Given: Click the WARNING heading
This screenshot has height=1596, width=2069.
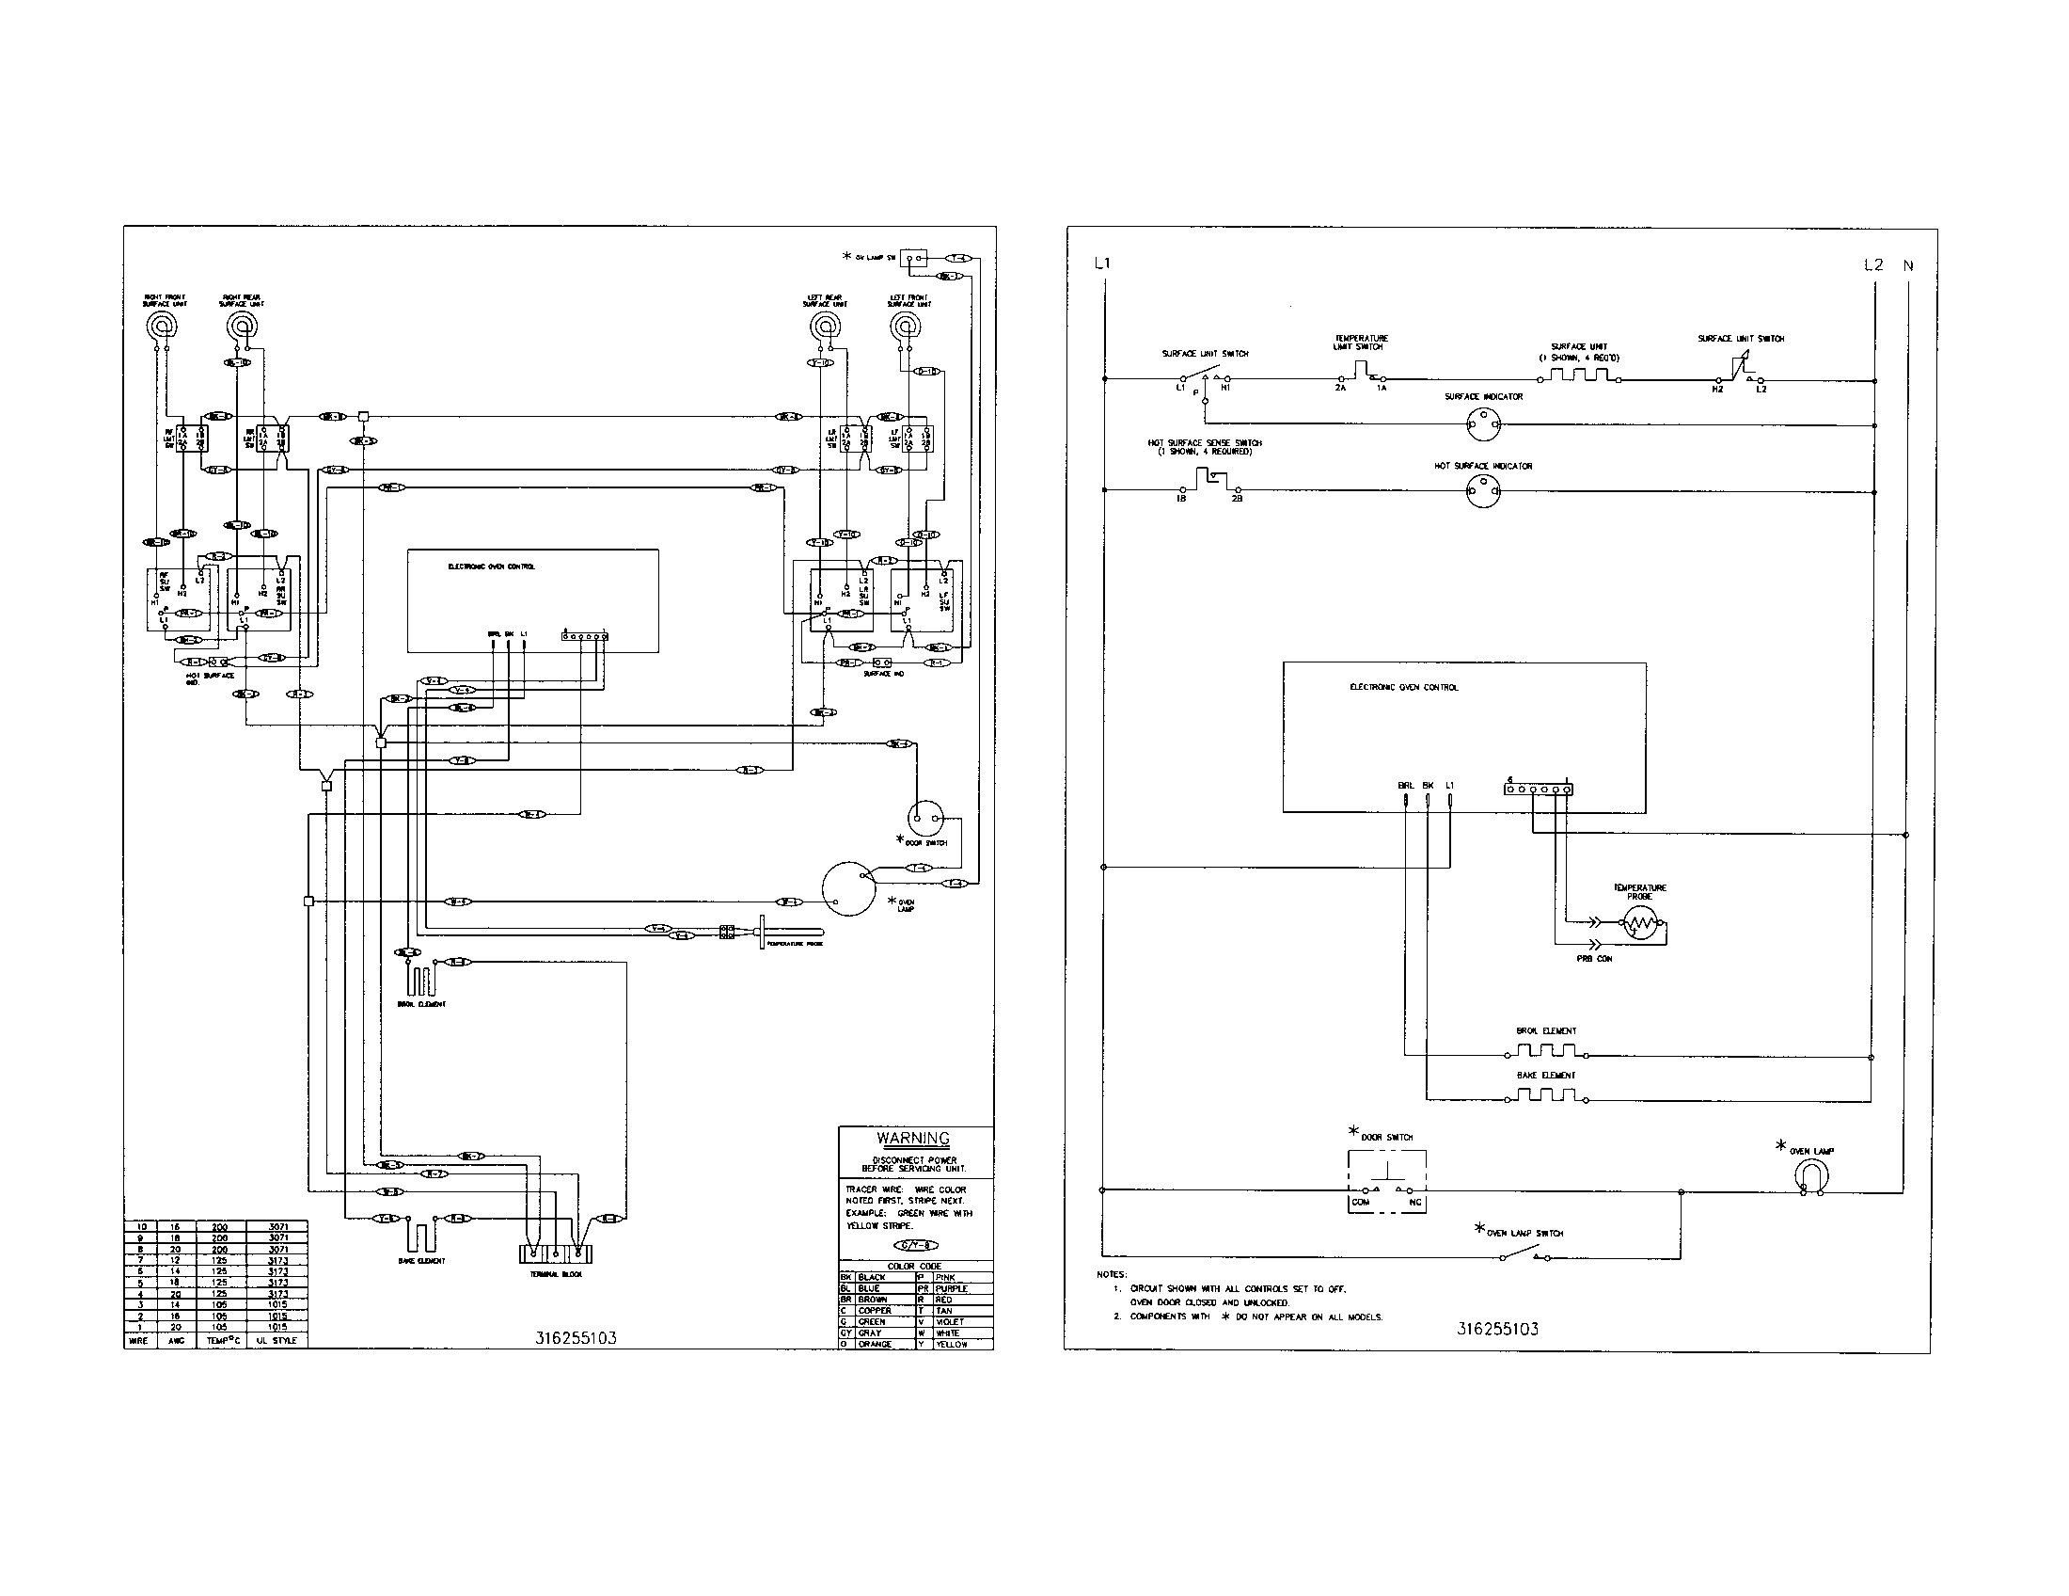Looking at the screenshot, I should click(x=912, y=1139).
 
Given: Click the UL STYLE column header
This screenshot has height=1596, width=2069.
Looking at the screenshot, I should click(x=276, y=1340).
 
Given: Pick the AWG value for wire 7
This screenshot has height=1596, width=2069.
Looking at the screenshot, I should click(x=174, y=1259).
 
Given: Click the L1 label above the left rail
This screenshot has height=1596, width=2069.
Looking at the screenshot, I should click(x=1101, y=263).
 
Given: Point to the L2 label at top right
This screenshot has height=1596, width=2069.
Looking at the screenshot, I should click(x=1872, y=265).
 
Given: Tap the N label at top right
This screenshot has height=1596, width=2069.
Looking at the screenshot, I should click(x=1907, y=265).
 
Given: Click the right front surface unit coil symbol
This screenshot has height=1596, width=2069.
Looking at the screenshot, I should click(x=161, y=327).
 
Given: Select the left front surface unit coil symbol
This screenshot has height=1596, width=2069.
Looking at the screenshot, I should click(x=906, y=327).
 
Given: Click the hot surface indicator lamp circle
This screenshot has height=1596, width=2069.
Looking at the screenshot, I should click(x=1482, y=490).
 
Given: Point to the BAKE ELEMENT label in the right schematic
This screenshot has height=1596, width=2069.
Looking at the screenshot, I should click(x=1545, y=1076).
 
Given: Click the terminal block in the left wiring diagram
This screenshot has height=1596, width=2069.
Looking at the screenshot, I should click(x=555, y=1253).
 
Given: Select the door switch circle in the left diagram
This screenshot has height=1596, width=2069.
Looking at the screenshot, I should click(x=924, y=817).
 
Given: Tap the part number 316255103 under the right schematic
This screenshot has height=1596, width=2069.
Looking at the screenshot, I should click(x=1497, y=1329).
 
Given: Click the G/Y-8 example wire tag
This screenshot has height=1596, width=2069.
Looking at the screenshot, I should click(x=915, y=1245).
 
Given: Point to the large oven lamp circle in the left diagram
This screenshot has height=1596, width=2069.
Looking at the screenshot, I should click(x=848, y=889).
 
